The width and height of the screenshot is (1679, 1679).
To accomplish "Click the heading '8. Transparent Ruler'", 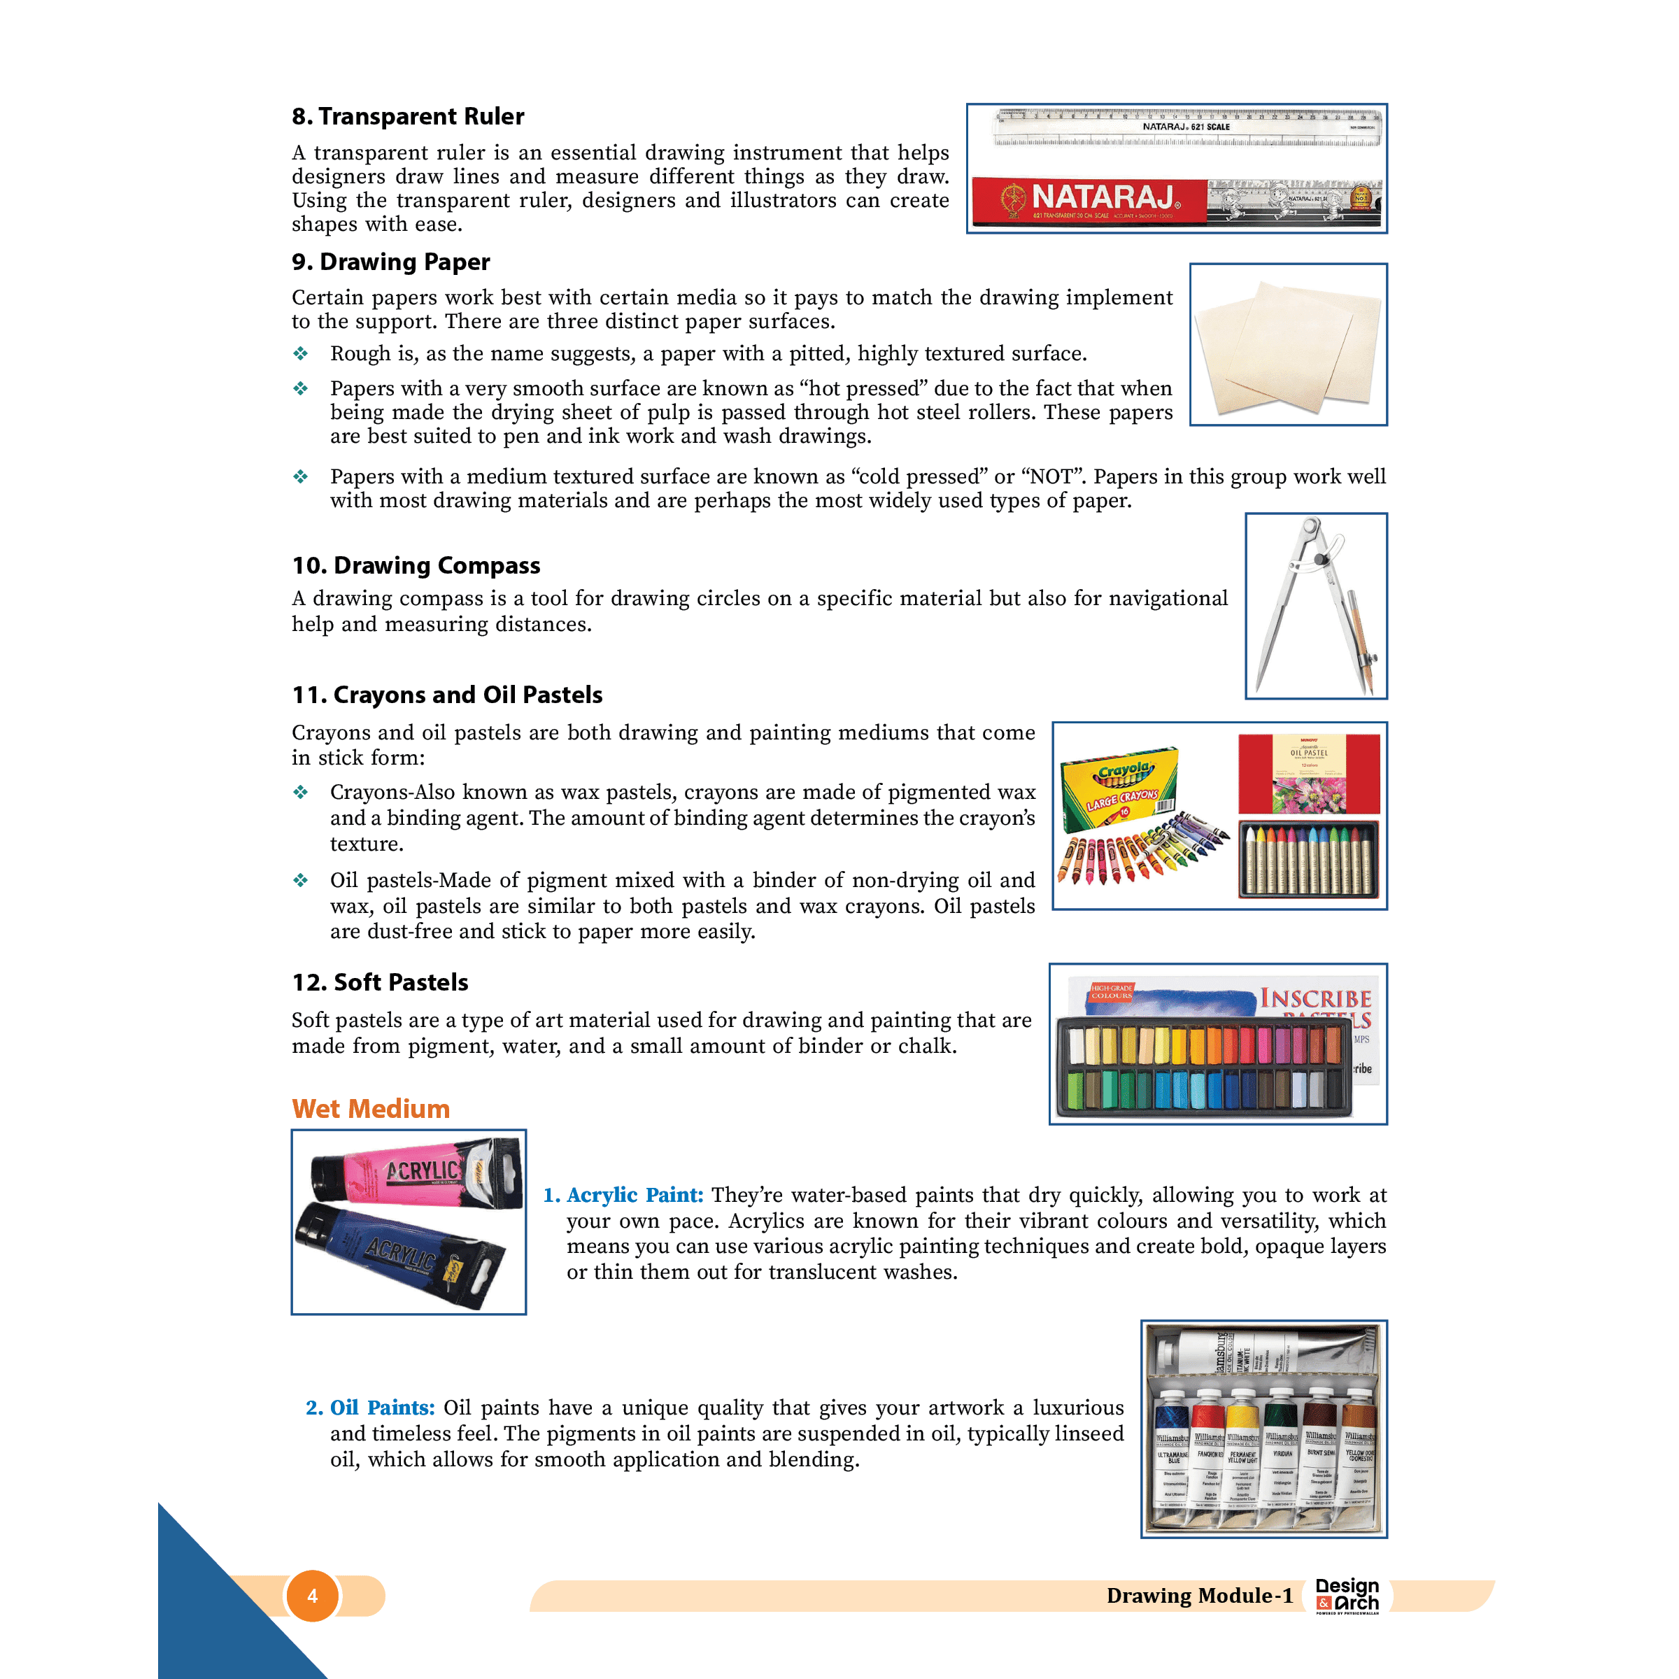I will click(408, 116).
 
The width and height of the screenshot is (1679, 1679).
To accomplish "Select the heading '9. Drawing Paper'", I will click(391, 262).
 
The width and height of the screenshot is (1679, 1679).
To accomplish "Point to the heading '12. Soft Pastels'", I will click(380, 982).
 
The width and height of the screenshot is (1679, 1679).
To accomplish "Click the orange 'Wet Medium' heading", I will click(370, 1109).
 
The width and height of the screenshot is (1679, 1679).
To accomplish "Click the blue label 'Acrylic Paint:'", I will click(635, 1195).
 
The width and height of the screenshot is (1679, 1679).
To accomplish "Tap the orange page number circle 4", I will click(312, 1596).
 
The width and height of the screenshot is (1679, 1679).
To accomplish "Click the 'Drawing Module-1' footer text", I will click(1199, 1596).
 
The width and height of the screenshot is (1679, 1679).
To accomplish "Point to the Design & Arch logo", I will click(1347, 1596).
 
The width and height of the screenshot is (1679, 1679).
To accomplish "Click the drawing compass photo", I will click(1316, 606).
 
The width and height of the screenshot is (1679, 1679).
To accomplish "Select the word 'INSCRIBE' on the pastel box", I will click(1316, 1000).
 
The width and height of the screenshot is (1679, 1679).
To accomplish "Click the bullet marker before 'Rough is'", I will click(301, 354).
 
